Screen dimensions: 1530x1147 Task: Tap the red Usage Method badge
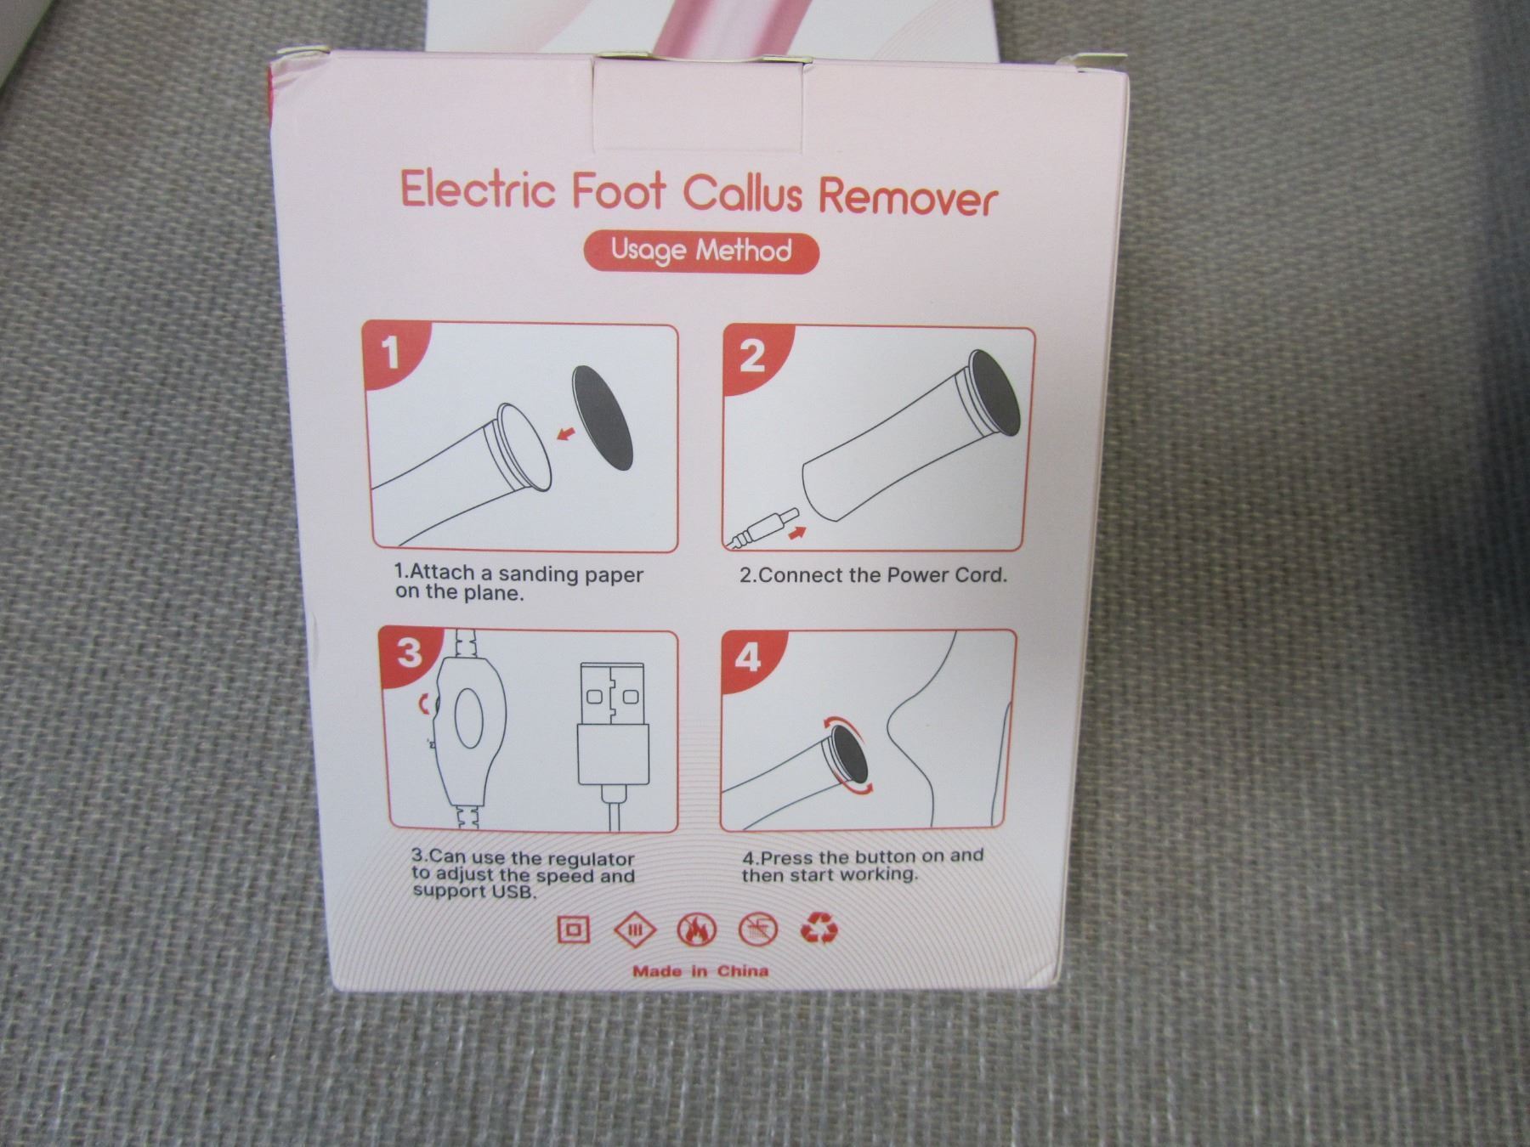point(701,251)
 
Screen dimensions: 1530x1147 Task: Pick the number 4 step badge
point(746,657)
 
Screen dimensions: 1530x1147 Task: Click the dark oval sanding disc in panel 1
point(604,417)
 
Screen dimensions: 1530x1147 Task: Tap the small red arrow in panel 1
point(564,435)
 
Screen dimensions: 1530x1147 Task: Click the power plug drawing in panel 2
point(762,528)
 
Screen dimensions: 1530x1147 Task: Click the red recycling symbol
point(819,929)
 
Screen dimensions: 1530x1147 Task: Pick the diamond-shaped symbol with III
point(635,929)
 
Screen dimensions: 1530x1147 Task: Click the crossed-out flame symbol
point(696,930)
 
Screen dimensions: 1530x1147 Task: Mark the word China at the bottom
point(742,971)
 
